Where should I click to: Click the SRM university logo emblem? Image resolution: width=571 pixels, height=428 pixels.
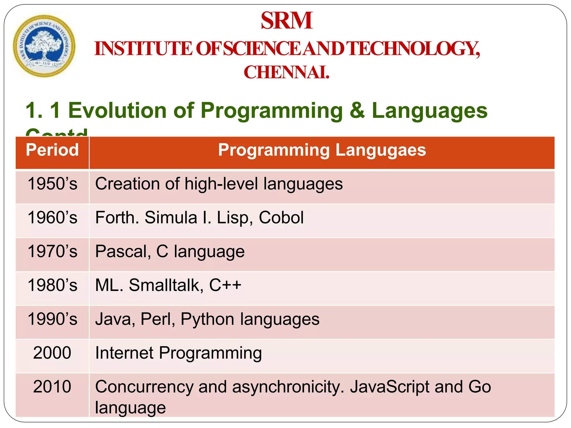tap(44, 46)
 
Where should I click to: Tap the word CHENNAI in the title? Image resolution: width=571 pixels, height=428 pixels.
tap(286, 72)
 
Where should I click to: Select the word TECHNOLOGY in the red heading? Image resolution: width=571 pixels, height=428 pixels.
tap(414, 48)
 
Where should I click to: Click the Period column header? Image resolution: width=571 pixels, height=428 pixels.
tap(52, 150)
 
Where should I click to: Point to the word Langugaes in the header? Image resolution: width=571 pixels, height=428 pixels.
tap(381, 150)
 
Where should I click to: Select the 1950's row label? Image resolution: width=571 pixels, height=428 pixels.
tap(52, 184)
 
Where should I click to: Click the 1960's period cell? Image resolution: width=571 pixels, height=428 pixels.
tap(52, 218)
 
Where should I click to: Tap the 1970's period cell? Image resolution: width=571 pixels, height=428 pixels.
tap(52, 251)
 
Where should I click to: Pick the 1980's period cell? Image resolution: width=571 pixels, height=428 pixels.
tap(52, 285)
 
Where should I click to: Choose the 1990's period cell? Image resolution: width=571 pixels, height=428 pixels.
tap(52, 319)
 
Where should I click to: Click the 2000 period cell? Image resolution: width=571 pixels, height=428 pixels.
tap(52, 353)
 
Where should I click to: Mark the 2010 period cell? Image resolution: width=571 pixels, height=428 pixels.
tap(52, 387)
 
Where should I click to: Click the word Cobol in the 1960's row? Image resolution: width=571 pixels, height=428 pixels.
tap(281, 218)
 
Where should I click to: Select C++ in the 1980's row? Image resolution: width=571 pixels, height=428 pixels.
tap(225, 285)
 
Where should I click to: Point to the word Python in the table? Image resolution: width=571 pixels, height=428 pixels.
tap(207, 319)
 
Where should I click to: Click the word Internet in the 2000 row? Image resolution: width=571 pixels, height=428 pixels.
tap(124, 353)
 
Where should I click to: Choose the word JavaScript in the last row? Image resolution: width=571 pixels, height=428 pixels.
tap(390, 387)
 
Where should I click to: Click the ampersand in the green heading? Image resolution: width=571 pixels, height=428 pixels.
tap(357, 110)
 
